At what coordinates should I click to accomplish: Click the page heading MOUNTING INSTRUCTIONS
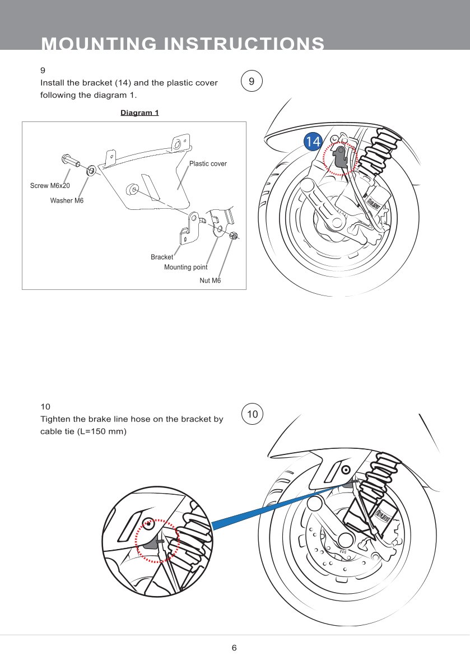183,44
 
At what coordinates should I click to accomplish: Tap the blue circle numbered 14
313,142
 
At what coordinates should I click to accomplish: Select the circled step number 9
252,81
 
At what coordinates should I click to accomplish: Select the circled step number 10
253,414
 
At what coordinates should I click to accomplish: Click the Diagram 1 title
139,112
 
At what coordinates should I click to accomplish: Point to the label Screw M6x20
50,185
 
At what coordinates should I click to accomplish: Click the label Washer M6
67,200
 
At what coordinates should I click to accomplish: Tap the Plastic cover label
208,164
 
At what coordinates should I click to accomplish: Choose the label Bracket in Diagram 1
162,257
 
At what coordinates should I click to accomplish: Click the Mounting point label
185,267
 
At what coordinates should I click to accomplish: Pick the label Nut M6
210,280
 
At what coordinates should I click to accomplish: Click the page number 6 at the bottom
234,648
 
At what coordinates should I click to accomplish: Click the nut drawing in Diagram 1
234,236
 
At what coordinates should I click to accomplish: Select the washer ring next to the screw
89,169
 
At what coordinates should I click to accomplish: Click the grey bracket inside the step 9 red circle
339,156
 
